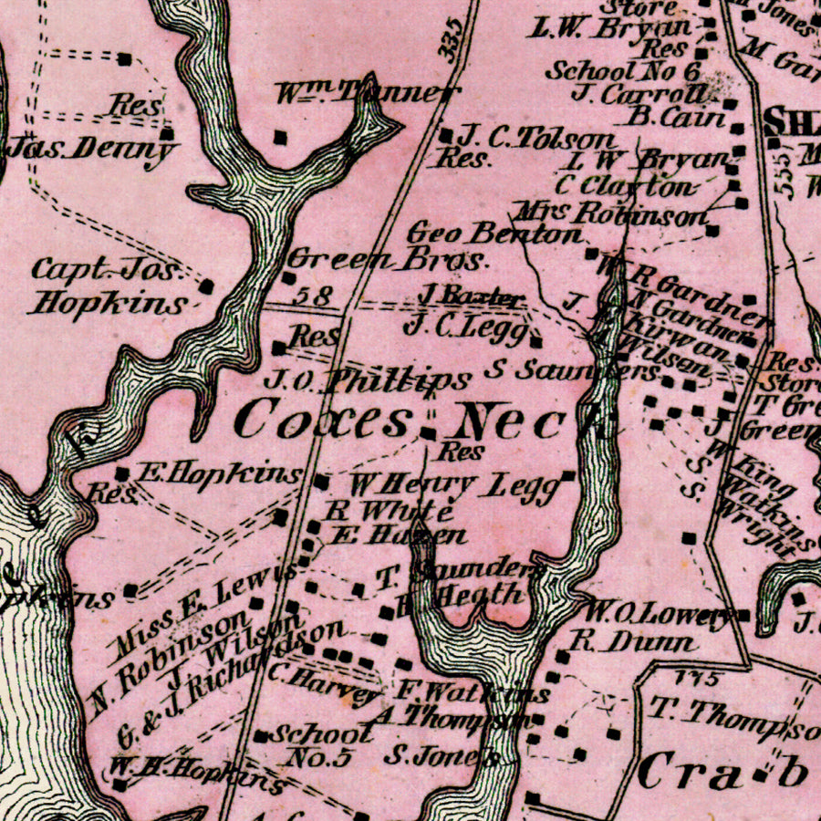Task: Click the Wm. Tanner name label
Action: [364, 92]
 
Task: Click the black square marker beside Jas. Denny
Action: [167, 134]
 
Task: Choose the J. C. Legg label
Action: [464, 327]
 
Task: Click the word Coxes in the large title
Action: [323, 421]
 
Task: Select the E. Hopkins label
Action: [219, 473]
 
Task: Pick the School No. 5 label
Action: [324, 743]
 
